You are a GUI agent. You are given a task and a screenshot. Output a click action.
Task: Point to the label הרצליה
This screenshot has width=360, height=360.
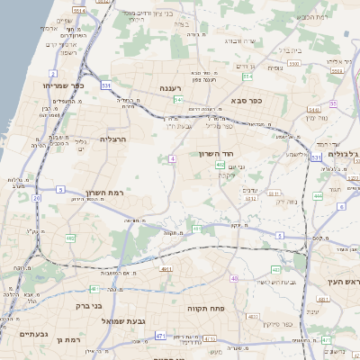pyautogui.click(x=114, y=139)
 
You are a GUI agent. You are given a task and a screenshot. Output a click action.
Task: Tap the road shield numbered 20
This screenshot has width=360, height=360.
pyautogui.click(x=36, y=197)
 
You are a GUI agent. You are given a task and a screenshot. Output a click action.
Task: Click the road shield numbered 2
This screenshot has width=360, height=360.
pyautogui.click(x=54, y=74)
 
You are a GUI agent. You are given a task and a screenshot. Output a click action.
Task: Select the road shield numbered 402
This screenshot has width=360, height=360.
pyautogui.click(x=220, y=165)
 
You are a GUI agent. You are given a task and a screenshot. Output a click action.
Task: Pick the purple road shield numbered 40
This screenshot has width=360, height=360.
pyautogui.click(x=234, y=278)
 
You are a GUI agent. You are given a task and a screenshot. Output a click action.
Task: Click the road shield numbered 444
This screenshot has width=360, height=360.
pyautogui.click(x=318, y=194)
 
